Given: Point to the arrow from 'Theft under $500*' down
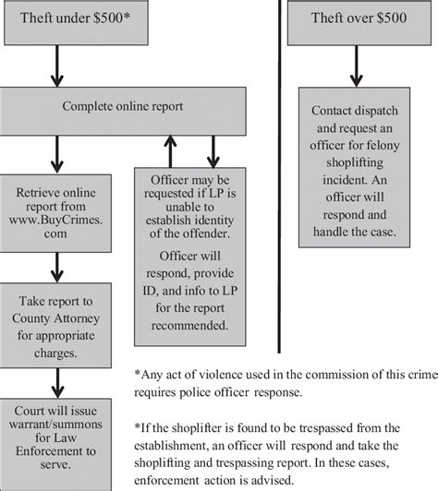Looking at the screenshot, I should tap(57, 65).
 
